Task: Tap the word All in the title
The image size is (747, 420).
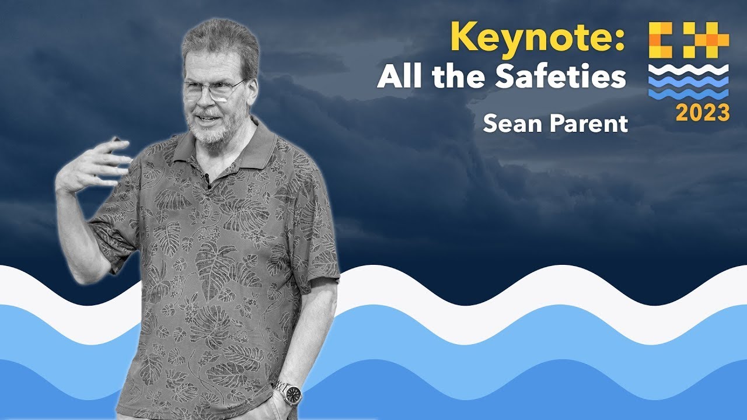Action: (x=399, y=77)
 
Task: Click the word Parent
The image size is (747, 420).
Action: (x=589, y=124)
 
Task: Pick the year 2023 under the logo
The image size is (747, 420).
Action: (x=702, y=113)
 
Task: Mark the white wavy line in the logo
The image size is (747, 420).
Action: (x=689, y=69)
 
